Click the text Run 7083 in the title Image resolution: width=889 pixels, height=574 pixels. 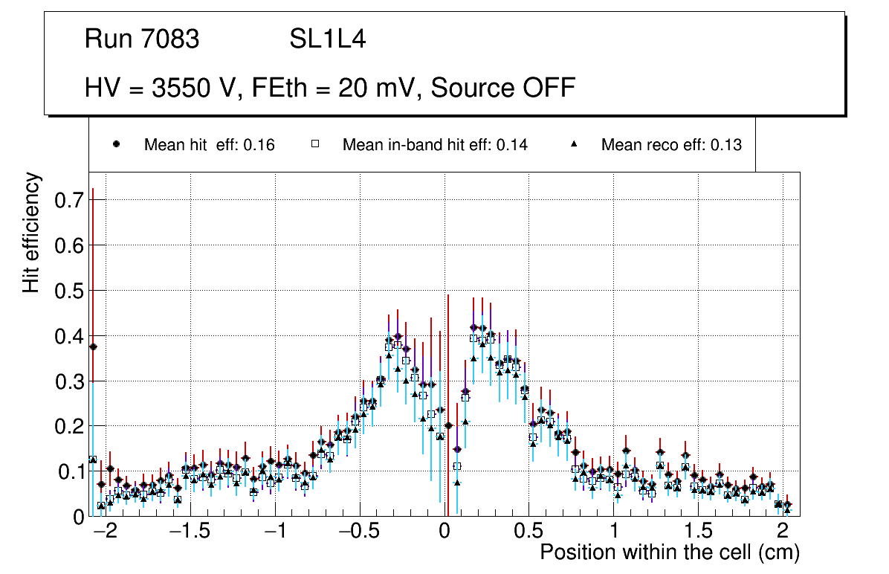click(x=142, y=39)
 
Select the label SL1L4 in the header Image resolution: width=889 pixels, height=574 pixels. click(x=328, y=39)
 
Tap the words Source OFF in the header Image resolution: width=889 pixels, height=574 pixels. click(x=503, y=88)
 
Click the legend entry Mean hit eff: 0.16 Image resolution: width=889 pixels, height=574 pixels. click(x=209, y=145)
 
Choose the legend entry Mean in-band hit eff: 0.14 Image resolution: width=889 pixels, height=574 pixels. click(x=435, y=145)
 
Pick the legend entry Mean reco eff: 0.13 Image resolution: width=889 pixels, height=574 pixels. click(x=671, y=145)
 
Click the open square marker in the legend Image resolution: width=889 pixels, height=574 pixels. click(x=315, y=145)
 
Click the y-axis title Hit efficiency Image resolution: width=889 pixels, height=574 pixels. click(x=31, y=232)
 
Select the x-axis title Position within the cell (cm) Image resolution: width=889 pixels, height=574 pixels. click(x=670, y=553)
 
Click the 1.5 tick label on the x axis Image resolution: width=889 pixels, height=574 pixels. click(x=698, y=533)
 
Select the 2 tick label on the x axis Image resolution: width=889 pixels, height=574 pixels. click(x=783, y=533)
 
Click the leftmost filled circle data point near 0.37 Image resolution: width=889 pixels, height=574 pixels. click(x=93, y=346)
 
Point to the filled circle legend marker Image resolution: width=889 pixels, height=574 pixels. click(x=117, y=145)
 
